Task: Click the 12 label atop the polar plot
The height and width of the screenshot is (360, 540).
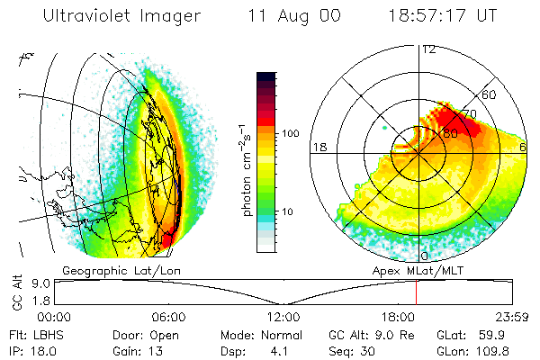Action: pyautogui.click(x=428, y=49)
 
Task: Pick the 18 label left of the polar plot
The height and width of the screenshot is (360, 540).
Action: pyautogui.click(x=319, y=146)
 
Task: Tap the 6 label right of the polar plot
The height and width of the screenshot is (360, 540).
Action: pyautogui.click(x=524, y=146)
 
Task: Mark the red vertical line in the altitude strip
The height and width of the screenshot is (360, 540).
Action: pyautogui.click(x=417, y=292)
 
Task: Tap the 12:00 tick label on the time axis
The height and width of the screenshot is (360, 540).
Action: pyautogui.click(x=283, y=317)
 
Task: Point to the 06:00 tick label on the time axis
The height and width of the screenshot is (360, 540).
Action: pyautogui.click(x=169, y=317)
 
